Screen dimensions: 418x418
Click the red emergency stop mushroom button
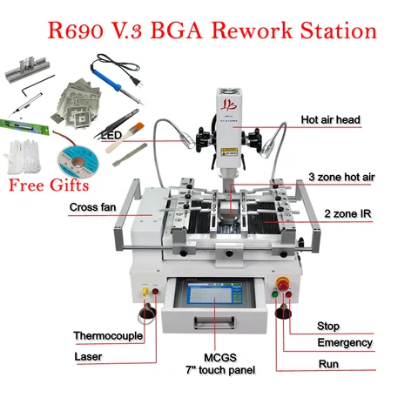point(283,284)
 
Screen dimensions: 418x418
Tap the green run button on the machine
point(274,294)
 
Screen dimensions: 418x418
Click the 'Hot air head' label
point(330,119)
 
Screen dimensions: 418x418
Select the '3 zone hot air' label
point(341,177)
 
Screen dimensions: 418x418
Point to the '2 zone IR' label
point(347,214)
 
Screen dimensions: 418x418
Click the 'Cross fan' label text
point(92,207)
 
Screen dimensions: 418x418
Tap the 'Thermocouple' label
point(108,336)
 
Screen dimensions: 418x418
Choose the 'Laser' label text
point(88,356)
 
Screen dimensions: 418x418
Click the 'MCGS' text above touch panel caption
point(220,358)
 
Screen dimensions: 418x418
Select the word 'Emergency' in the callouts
point(345,343)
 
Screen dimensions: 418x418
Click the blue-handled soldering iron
point(116,79)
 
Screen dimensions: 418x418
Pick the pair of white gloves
point(23,157)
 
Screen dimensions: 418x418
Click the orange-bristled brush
point(125,138)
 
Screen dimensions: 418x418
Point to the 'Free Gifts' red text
point(49,185)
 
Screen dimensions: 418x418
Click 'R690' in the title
point(76,30)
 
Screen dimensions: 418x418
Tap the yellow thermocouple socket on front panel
point(145,292)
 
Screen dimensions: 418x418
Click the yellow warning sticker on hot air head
point(229,152)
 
